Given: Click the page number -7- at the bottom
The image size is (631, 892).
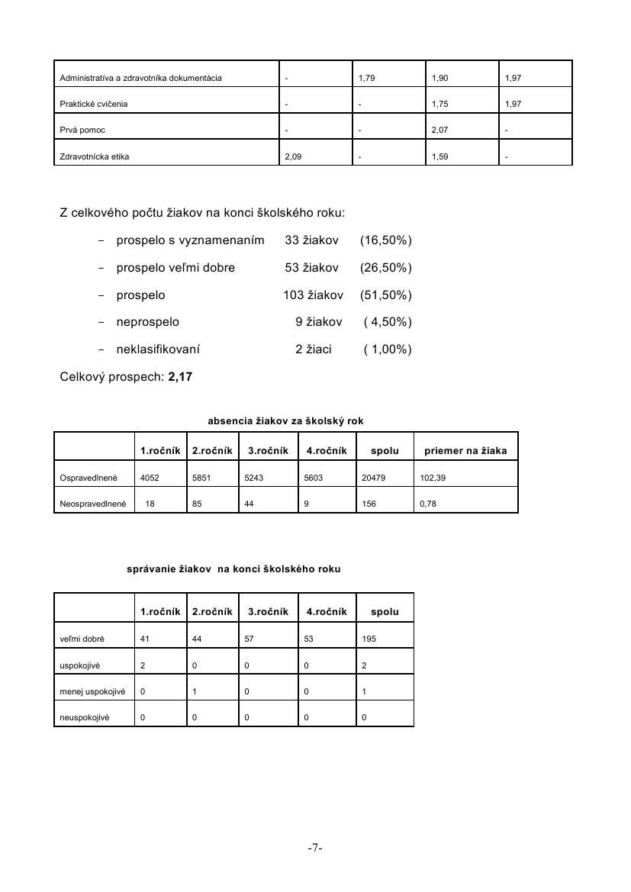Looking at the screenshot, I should pos(315,848).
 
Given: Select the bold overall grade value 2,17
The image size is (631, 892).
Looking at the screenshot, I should pos(179,377).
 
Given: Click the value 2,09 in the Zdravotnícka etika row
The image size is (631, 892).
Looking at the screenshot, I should pos(292,157).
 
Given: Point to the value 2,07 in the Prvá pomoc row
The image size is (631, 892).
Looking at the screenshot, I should pos(439,130).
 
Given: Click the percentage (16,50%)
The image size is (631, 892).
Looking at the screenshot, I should pos(385,241).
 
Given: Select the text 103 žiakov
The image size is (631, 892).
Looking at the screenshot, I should pos(313,295).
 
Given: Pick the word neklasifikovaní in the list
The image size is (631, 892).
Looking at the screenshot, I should pos(158,349).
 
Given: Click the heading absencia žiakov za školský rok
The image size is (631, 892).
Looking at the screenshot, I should pos(291,421).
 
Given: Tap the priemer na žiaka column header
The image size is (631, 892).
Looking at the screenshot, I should pos(465,451).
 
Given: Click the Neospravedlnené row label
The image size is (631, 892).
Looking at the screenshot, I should pos(92,504).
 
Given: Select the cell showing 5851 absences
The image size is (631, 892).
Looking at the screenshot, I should pos(202,478).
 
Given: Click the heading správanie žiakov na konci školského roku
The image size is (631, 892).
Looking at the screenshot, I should pos(233,569).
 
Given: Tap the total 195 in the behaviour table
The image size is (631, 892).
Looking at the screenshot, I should pos(369,639).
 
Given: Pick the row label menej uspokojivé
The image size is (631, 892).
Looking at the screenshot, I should pos(92,691).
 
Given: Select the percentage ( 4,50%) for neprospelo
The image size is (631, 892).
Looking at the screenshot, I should pos(388,322).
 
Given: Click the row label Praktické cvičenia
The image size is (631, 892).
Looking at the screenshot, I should pos(94,104).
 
